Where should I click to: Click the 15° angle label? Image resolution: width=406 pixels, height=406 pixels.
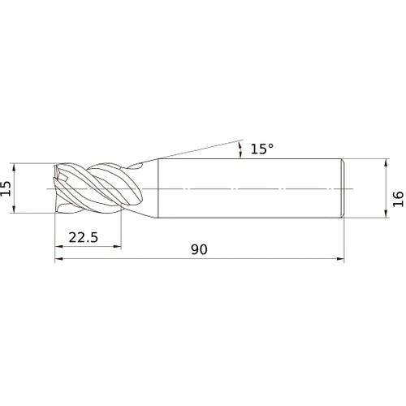261,149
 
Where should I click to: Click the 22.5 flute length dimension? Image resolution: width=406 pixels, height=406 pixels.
84,237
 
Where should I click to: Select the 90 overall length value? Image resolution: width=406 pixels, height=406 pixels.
199,249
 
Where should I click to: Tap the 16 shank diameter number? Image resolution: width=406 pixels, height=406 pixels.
398,199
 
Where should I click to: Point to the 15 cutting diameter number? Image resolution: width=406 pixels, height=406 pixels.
6,188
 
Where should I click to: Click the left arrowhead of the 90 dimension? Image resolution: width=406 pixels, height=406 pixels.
59,259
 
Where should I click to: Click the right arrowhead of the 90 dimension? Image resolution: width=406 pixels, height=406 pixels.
340,259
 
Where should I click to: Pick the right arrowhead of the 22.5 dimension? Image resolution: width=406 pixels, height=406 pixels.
117,246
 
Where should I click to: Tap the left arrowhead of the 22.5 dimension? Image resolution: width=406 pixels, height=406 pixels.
59,246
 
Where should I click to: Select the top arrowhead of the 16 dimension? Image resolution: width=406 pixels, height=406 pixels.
387,163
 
